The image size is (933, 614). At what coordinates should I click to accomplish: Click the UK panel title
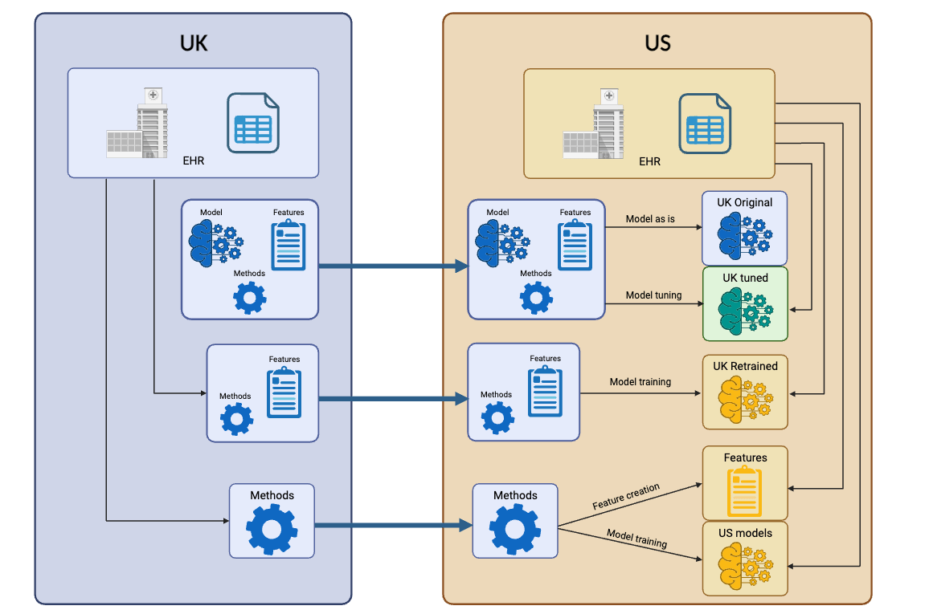pos(194,43)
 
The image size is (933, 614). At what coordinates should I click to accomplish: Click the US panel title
pos(657,43)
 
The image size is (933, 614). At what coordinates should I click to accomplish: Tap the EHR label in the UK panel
pos(193,161)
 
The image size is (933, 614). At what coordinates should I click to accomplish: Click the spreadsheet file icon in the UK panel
pos(252,122)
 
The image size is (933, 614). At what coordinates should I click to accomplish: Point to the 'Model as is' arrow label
pos(650,218)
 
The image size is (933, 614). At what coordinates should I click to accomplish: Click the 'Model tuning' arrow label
pos(653,295)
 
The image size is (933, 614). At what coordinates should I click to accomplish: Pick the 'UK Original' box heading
pos(745,203)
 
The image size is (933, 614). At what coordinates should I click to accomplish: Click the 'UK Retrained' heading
pos(745,366)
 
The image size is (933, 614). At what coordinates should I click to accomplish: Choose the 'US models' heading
pos(745,533)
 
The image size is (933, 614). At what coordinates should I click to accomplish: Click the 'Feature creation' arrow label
pos(626,497)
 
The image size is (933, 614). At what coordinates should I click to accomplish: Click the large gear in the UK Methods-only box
pos(272,529)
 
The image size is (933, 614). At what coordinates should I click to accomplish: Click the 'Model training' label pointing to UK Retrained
pos(640,382)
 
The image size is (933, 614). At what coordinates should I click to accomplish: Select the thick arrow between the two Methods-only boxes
pos(393,526)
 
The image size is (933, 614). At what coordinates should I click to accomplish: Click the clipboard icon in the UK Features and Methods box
pos(284,392)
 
